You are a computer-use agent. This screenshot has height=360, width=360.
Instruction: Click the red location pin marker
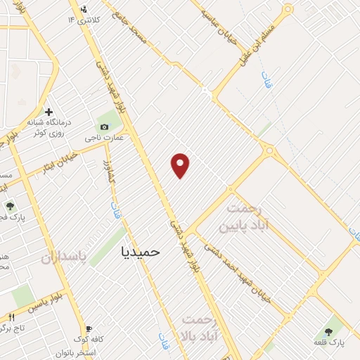pos(181,165)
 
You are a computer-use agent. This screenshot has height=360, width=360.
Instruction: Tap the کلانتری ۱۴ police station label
pos(83,19)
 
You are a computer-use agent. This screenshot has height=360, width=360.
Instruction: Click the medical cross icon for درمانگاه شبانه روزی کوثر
pos(49,112)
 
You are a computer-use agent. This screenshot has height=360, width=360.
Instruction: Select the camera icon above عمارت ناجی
pos(104,127)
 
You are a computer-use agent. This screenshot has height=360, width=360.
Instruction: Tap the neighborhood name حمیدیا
pos(141,250)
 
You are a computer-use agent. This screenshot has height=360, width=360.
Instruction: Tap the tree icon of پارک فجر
pos(10,207)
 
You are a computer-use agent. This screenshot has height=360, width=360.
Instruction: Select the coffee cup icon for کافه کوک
pos(89,328)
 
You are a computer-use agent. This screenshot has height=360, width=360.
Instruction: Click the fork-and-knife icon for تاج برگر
pos(11,318)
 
